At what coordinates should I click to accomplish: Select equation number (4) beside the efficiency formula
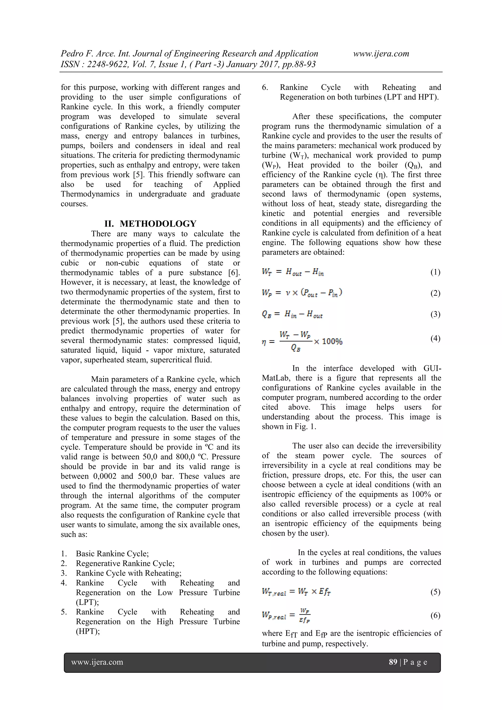(435, 338)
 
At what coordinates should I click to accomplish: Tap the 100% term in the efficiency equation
(332, 342)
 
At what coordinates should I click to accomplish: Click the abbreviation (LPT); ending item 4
(87, 602)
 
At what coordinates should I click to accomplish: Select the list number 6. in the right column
(265, 87)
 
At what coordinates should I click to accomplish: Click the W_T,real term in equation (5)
(274, 592)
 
